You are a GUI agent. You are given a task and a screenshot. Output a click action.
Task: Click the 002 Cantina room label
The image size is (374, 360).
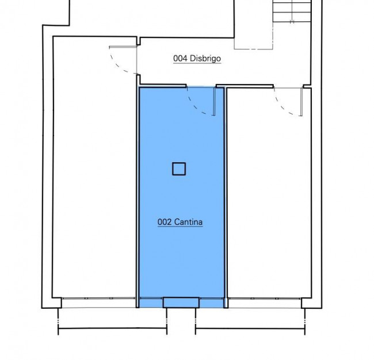coord(180,222)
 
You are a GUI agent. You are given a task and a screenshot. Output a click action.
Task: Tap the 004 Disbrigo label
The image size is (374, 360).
coord(197,59)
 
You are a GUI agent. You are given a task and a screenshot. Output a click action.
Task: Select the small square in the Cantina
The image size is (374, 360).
coord(179,169)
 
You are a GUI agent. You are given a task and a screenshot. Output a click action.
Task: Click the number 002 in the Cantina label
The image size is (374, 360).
coord(165,222)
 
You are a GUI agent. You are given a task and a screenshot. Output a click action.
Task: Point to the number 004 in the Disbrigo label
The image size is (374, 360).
coord(180,59)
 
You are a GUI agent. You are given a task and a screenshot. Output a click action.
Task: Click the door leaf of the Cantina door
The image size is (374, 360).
coord(214,102)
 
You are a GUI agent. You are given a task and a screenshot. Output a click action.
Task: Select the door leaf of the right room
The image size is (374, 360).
coord(302,102)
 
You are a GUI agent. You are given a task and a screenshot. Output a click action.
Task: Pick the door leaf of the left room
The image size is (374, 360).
coord(123,47)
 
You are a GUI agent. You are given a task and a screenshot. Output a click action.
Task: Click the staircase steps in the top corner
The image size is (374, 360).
coord(292,11)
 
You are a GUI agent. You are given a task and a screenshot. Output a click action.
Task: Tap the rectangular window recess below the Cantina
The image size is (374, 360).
coord(181,302)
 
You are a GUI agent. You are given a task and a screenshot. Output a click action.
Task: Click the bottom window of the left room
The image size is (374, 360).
coord(98,298)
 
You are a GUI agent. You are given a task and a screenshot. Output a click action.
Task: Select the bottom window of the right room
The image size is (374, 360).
coord(265,298)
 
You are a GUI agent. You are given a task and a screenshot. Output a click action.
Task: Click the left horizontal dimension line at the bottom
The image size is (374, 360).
coord(113,328)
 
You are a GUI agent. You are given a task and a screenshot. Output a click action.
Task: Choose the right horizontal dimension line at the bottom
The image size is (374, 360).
coord(250,329)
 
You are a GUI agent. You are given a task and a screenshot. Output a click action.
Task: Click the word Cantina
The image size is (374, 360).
coord(188,222)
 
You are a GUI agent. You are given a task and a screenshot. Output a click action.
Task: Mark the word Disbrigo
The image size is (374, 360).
coord(205,59)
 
